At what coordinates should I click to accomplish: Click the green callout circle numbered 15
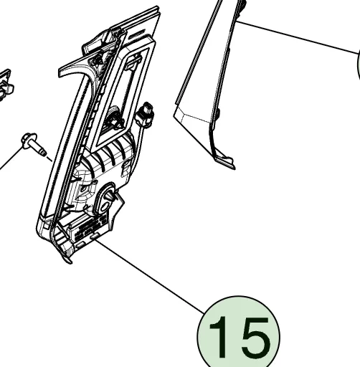click(x=238, y=335)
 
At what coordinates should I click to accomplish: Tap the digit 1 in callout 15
click(x=219, y=337)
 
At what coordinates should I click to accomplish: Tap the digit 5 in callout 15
click(x=255, y=338)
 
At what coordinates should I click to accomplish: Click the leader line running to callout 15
click(x=149, y=276)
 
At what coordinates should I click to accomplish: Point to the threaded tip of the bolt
click(x=44, y=153)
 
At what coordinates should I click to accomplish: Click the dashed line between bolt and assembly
click(x=49, y=158)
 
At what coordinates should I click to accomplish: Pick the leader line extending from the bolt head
click(x=11, y=158)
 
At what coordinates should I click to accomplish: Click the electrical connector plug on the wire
click(x=146, y=115)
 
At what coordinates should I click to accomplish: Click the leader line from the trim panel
click(x=297, y=37)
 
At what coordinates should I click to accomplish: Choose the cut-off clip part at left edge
click(x=5, y=85)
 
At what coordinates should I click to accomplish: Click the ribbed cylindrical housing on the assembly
click(x=107, y=158)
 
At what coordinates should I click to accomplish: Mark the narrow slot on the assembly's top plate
click(x=138, y=33)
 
